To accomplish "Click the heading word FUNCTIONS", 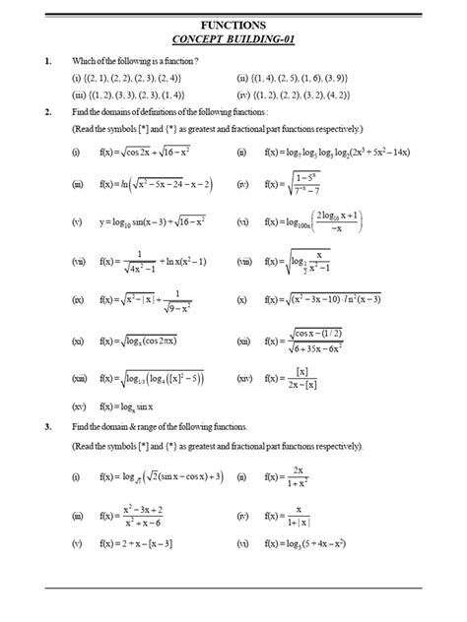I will point(233,22).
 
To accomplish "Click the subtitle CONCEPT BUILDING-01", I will point(233,38).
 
